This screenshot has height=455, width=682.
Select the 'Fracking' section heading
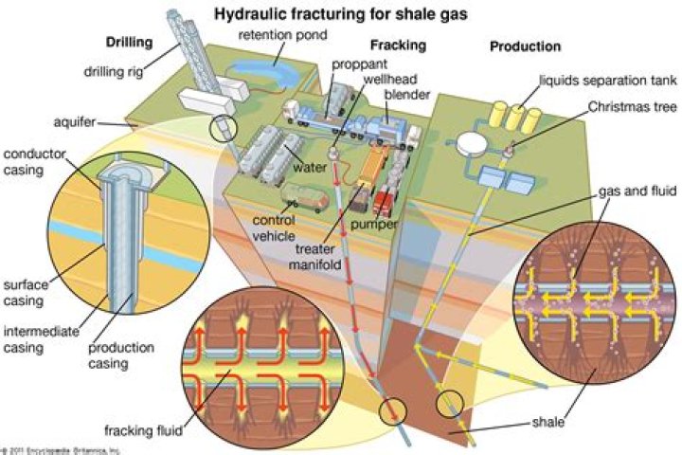[398, 45]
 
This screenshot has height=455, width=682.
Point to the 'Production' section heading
[525, 45]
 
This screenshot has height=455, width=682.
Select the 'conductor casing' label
[32, 163]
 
